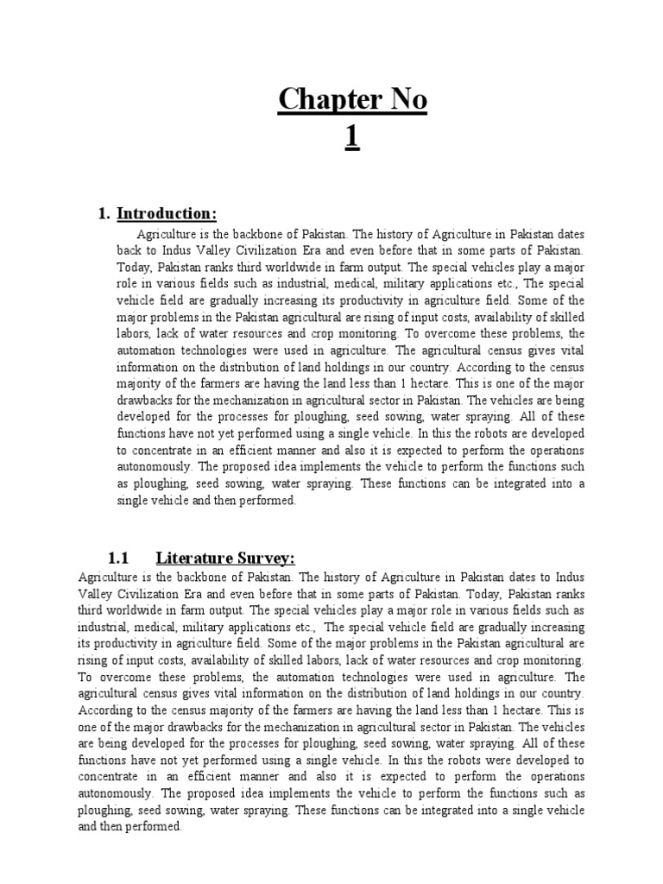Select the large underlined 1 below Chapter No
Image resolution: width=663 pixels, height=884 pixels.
point(352,138)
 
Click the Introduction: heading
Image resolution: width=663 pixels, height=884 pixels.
point(167,213)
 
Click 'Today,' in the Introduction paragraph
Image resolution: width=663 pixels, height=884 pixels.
point(138,267)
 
